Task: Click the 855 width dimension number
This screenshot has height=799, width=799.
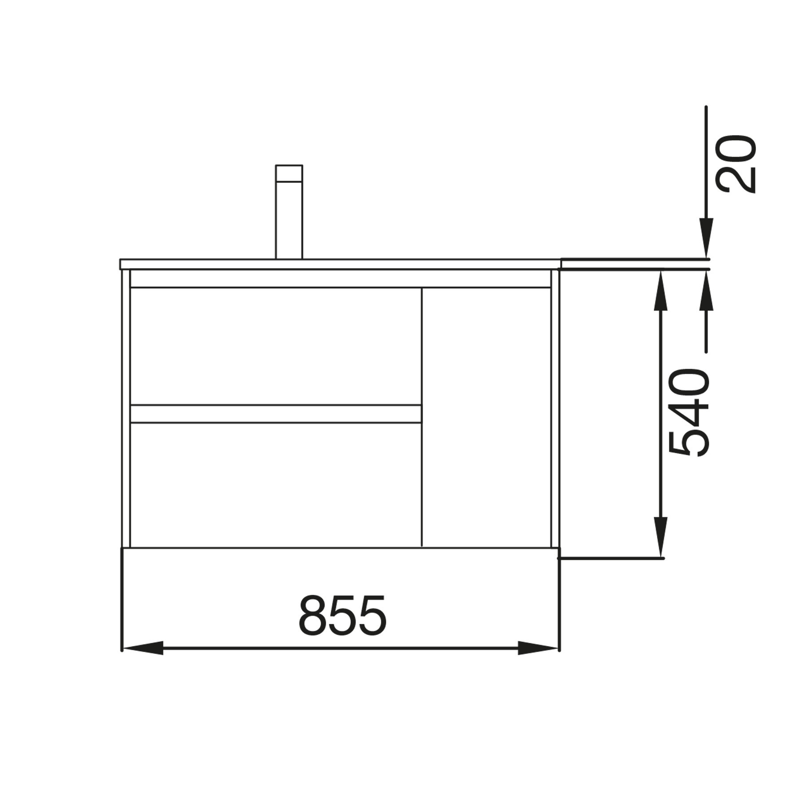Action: click(342, 615)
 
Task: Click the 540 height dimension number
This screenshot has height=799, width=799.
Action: click(689, 412)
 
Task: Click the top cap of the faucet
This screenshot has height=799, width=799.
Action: click(289, 173)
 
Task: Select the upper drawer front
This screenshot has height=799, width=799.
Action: click(276, 346)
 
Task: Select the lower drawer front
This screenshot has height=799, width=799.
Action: click(276, 485)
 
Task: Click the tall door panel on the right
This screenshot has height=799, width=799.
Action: click(487, 417)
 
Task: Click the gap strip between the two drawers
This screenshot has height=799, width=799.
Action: click(276, 414)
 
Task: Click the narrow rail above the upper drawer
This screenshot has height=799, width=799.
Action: click(340, 279)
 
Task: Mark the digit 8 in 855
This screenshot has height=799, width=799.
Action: click(313, 615)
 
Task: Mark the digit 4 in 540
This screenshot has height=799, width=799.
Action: click(689, 411)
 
